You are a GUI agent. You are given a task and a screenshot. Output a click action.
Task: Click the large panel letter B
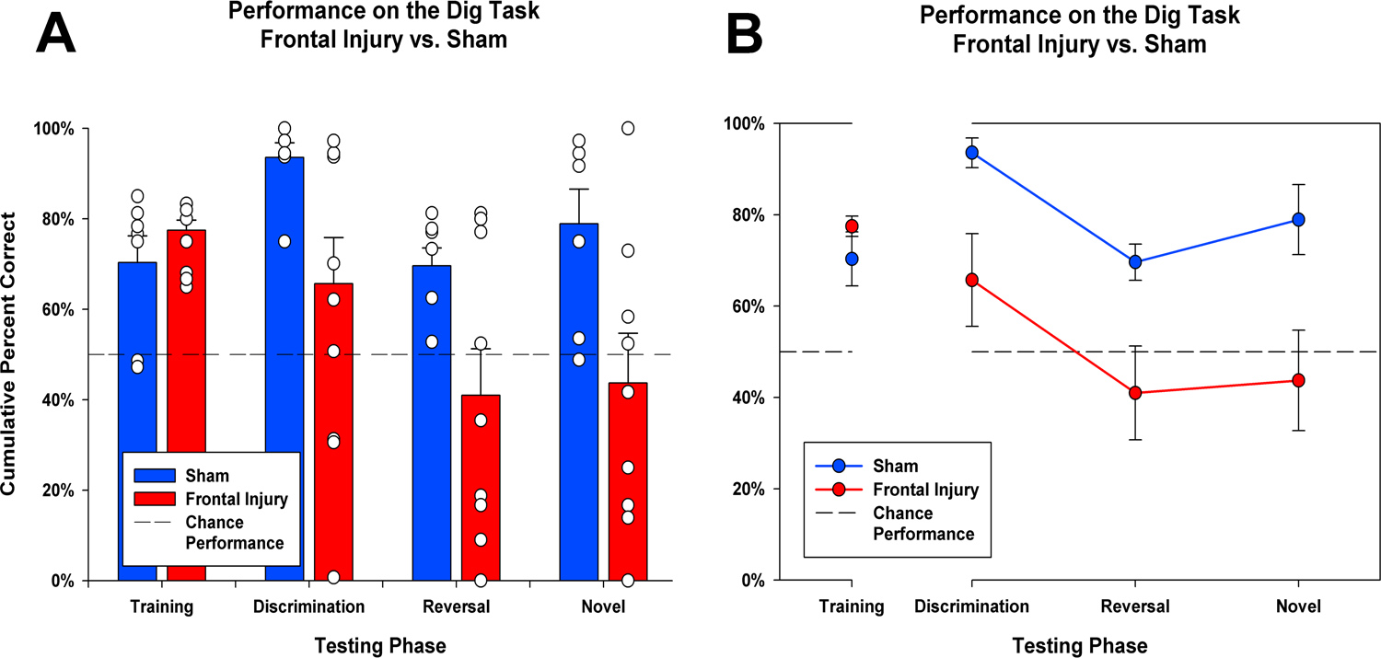[749, 38]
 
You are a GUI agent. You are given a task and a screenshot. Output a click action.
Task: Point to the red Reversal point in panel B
[1135, 393]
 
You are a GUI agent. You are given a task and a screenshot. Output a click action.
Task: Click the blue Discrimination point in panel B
[972, 153]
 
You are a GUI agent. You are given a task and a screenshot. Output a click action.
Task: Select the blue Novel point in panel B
[1298, 220]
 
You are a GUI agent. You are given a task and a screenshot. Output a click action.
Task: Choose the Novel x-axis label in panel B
[1298, 607]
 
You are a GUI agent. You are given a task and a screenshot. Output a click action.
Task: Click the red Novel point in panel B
[1298, 381]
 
